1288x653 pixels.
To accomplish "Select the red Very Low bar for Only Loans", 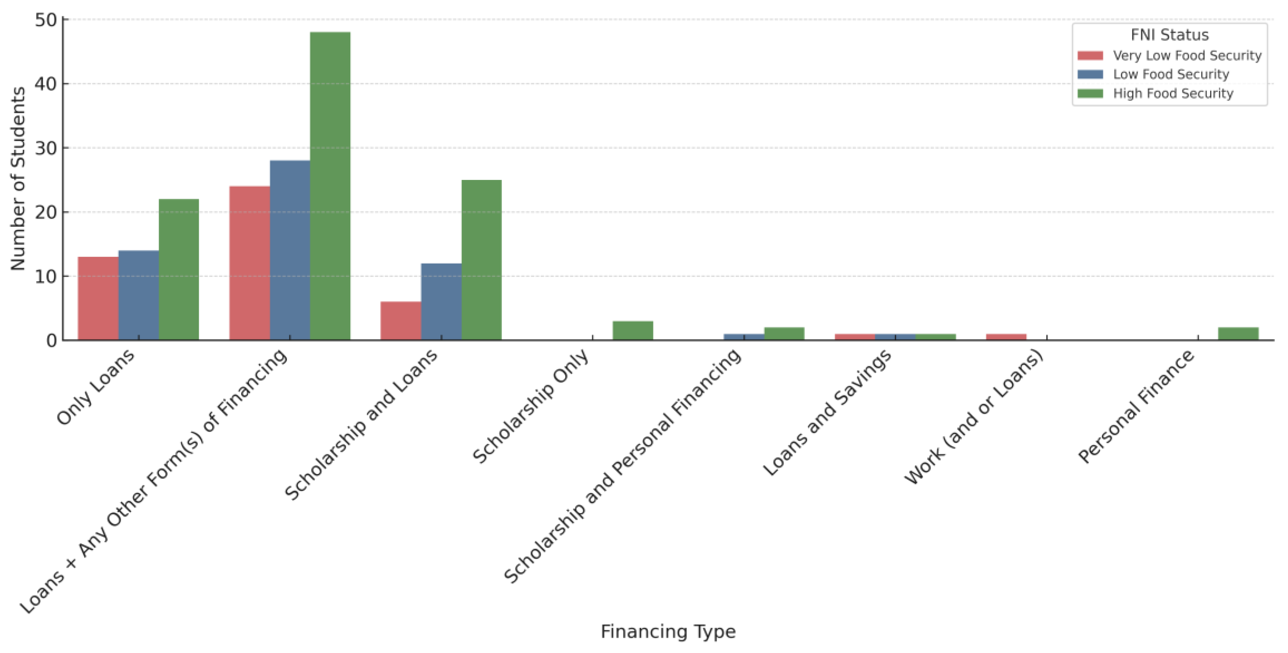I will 98,299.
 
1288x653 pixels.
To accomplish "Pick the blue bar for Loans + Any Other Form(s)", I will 290,250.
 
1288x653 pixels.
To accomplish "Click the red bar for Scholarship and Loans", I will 400,321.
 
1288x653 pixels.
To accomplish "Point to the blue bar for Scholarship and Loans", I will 441,302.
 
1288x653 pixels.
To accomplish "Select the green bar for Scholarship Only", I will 633,331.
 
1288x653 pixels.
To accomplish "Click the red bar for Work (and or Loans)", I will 1006,337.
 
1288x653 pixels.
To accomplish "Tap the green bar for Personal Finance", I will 1238,334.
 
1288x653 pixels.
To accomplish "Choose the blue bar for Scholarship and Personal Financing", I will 744,337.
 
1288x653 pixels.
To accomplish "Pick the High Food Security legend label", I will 1173,93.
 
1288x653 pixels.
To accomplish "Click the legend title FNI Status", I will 1170,35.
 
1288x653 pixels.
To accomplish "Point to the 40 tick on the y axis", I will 46,84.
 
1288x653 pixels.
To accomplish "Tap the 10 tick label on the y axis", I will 46,276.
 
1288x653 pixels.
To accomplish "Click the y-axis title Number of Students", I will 18,178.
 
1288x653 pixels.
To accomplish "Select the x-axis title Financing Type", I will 668,631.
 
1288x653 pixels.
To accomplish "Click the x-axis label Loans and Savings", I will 827,413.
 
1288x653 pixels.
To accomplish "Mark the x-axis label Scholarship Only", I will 531,406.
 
